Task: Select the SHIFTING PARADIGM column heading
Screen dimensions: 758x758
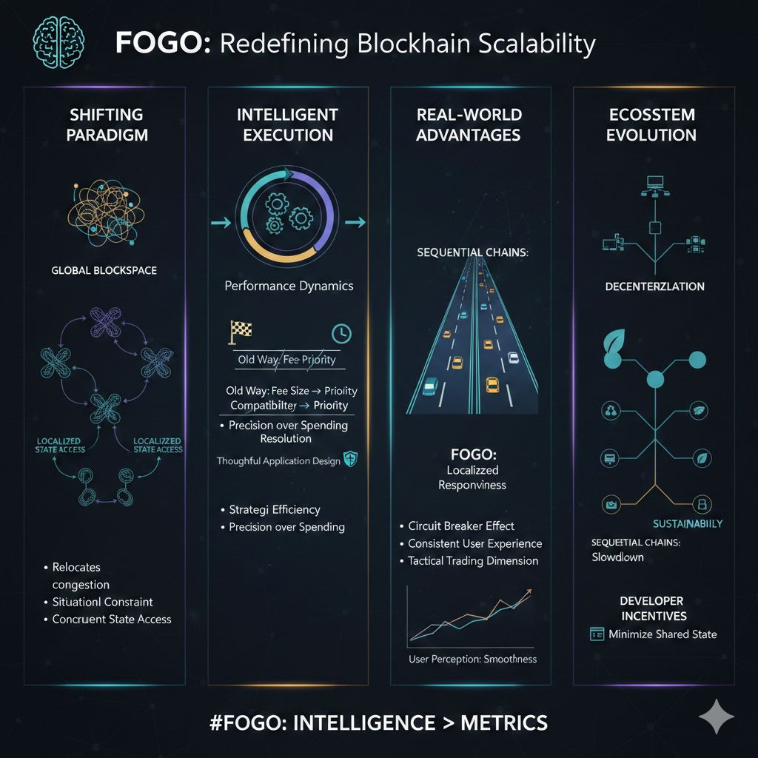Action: [106, 124]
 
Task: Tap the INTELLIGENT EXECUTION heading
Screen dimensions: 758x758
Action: [287, 124]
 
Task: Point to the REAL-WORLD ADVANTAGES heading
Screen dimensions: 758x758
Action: [469, 124]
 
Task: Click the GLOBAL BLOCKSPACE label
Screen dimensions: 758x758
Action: [104, 270]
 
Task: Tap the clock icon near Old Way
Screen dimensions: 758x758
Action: [341, 332]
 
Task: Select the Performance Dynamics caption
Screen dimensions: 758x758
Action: [289, 285]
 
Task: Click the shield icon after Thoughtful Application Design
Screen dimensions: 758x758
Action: [351, 460]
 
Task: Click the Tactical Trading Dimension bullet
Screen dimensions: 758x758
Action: [473, 560]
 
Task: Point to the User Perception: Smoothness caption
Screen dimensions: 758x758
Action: [472, 658]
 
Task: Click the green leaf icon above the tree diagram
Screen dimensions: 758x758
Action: [614, 342]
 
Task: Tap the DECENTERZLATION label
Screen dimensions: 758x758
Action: [654, 286]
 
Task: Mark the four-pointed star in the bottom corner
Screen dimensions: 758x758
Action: [716, 717]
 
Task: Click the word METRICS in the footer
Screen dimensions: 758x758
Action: [504, 722]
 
